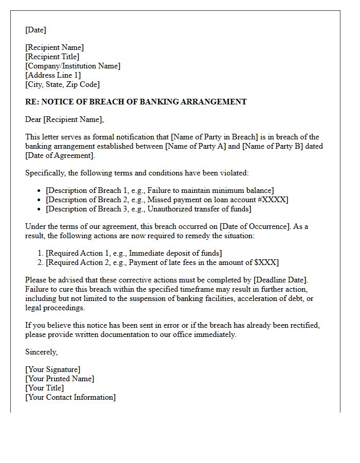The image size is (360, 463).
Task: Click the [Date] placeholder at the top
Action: (35, 30)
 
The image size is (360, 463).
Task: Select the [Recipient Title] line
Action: (52, 57)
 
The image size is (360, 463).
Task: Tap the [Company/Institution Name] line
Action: (73, 66)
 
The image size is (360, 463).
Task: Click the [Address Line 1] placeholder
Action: (53, 75)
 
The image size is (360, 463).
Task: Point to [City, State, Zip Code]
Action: (62, 84)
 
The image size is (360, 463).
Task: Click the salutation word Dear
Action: (33, 119)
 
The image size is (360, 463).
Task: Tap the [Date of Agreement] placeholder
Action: (60, 155)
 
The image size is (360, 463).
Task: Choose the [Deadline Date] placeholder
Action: (280, 280)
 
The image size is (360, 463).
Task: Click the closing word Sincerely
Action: (41, 352)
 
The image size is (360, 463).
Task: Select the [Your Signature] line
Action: (52, 369)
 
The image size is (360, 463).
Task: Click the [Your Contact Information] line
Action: (70, 397)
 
